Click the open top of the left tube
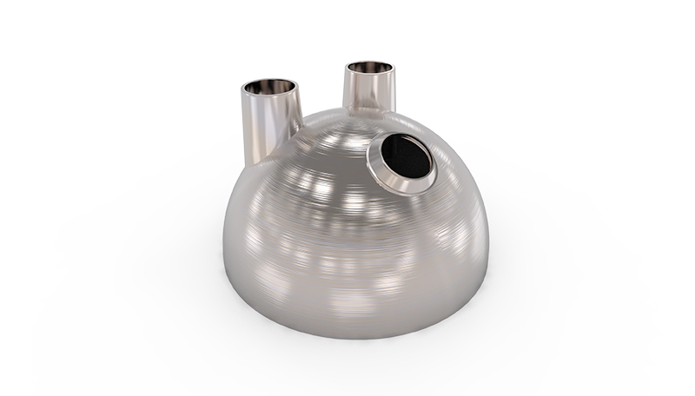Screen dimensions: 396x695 click(x=270, y=87)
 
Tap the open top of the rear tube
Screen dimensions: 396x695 click(x=372, y=69)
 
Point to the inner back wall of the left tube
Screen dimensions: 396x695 click(x=270, y=83)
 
